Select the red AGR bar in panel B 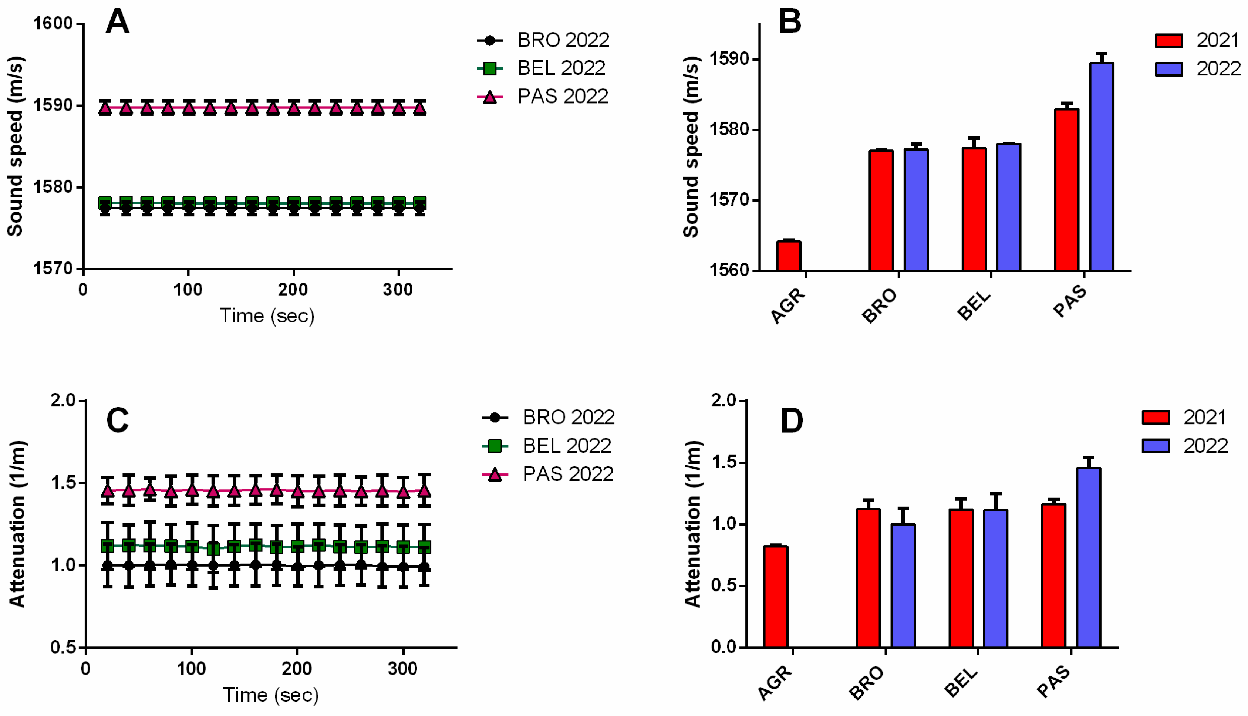[x=789, y=256]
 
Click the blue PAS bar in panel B [x=1102, y=167]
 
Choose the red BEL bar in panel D [x=961, y=578]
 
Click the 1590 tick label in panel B [x=728, y=59]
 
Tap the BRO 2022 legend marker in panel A [x=489, y=40]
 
